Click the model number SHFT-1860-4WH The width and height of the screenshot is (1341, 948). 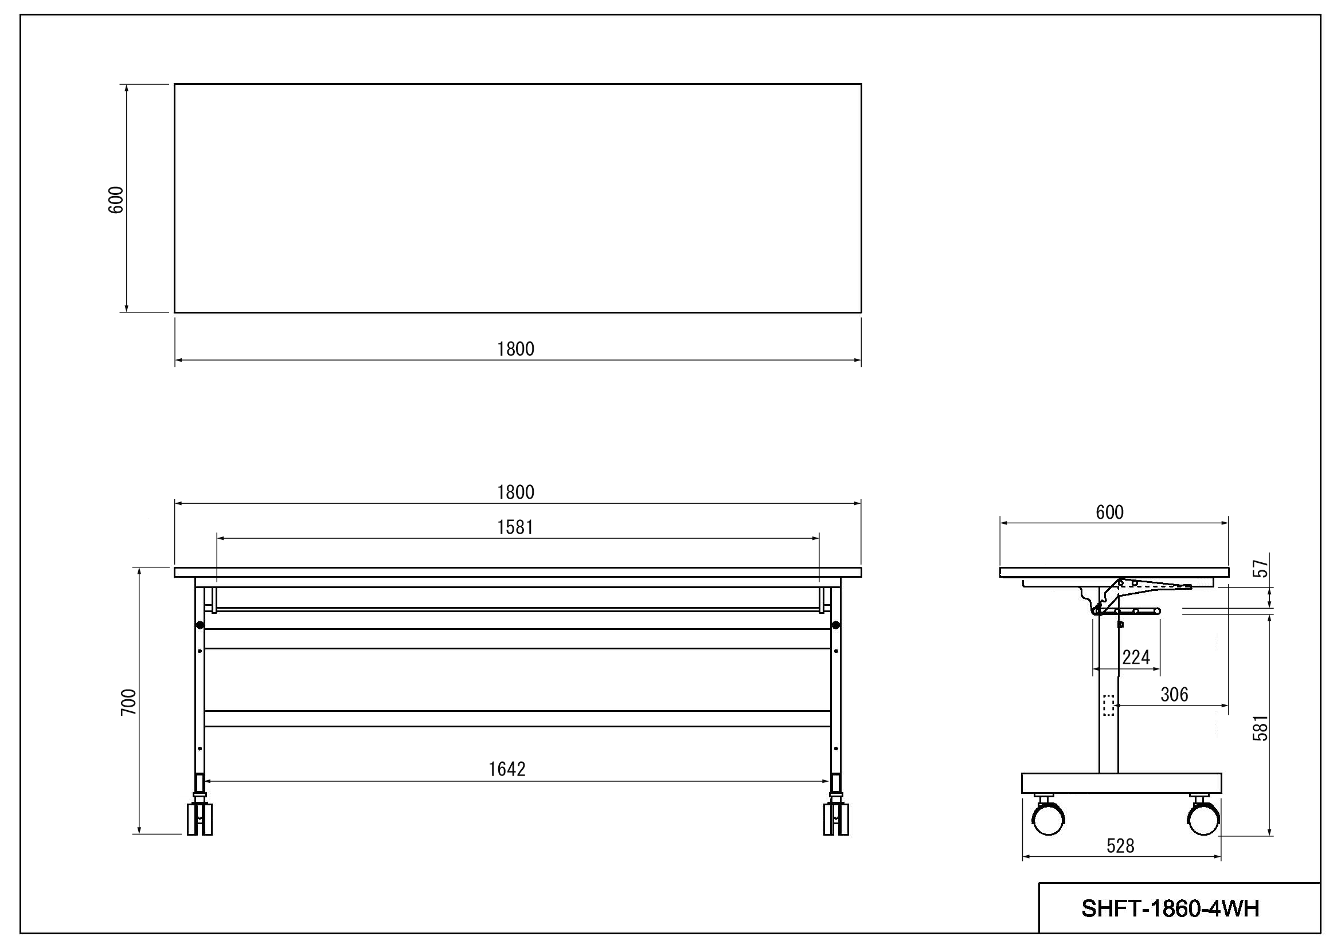[x=1171, y=908]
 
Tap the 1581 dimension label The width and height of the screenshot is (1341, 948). [x=515, y=528]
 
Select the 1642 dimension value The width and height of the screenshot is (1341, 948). [x=507, y=769]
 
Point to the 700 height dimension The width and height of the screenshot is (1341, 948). [x=128, y=702]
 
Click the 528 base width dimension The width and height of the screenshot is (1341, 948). [x=1120, y=846]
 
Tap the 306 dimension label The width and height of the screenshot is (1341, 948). [x=1174, y=695]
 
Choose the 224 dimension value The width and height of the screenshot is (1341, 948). [x=1136, y=658]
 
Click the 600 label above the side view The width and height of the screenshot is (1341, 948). [x=1110, y=512]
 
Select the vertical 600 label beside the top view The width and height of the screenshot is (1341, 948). [x=116, y=199]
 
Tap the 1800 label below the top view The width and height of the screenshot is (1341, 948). [x=516, y=349]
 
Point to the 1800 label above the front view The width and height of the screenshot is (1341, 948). [x=516, y=493]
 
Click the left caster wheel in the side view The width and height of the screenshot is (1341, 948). [x=1049, y=818]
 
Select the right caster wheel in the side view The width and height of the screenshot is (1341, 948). [x=1204, y=818]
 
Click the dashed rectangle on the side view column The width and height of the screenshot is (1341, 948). [x=1108, y=705]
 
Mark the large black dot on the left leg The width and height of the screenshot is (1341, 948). [x=200, y=625]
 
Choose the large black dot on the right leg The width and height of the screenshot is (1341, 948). [x=836, y=625]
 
